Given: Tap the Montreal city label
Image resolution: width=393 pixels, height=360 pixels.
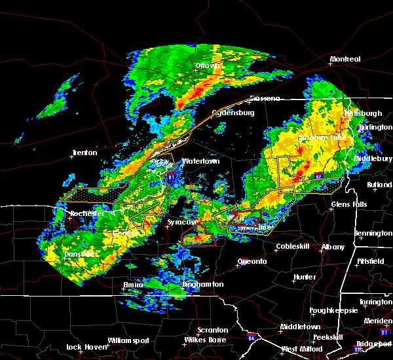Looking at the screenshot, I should pyautogui.click(x=345, y=59).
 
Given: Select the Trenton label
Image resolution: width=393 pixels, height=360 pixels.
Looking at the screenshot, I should pyautogui.click(x=84, y=153).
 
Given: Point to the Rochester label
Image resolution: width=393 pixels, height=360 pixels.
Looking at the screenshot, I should pyautogui.click(x=87, y=213).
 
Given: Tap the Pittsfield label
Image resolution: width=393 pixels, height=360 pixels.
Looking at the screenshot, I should pyautogui.click(x=372, y=261).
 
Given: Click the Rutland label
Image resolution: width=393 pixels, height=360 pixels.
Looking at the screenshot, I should pyautogui.click(x=379, y=185).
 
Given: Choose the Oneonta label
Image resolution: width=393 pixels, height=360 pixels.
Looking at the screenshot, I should pyautogui.click(x=252, y=261).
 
